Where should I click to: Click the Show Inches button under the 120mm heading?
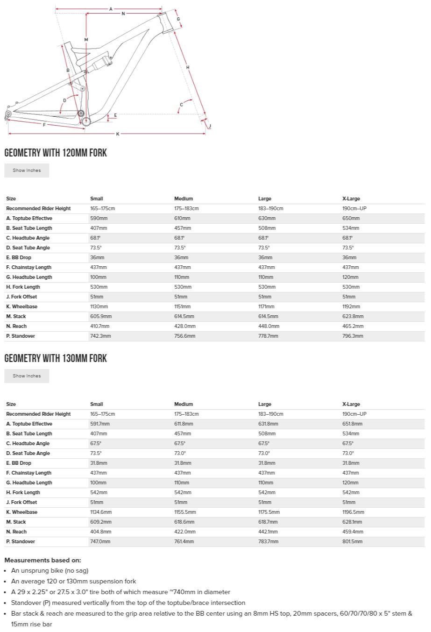(x=27, y=170)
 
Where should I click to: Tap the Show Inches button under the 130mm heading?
(x=27, y=376)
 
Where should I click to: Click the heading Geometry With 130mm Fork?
(x=56, y=358)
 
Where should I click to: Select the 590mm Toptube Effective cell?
(x=98, y=218)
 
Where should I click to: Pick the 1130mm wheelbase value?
(x=99, y=306)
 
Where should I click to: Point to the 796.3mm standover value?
(x=353, y=336)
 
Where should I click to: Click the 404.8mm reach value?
(x=100, y=532)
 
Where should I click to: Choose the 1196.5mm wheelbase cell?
(x=353, y=512)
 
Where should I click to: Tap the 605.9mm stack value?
(x=101, y=316)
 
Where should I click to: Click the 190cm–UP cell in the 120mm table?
(x=354, y=208)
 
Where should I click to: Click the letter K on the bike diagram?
(x=118, y=134)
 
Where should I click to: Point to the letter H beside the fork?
(x=188, y=68)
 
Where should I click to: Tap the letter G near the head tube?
(x=178, y=19)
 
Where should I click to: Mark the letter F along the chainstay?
(x=44, y=125)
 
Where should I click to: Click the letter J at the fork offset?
(x=210, y=126)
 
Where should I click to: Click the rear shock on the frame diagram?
(x=100, y=63)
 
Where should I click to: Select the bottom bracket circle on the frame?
(x=86, y=121)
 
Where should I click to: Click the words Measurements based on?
(x=42, y=560)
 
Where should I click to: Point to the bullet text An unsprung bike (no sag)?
(x=49, y=570)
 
